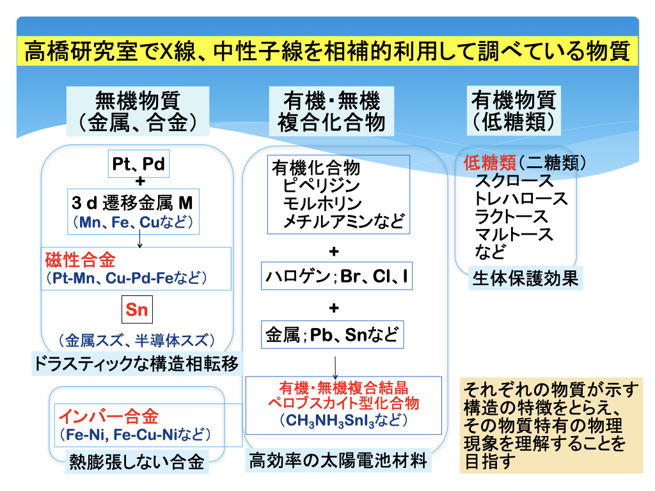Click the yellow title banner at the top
327,51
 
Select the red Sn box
137,309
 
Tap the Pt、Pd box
139,164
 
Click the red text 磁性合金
80,260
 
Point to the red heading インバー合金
109,416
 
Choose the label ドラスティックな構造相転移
137,363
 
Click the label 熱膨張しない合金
137,462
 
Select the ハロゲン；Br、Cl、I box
336,276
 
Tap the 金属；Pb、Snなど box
333,334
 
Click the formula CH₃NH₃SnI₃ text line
343,420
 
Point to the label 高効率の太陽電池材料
338,460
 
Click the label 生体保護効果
526,279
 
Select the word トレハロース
521,199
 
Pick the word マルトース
514,234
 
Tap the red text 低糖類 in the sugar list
490,163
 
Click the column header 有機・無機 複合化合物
332,111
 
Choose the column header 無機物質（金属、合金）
138,111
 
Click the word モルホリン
322,203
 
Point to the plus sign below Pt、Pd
140,181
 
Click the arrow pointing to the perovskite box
335,368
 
